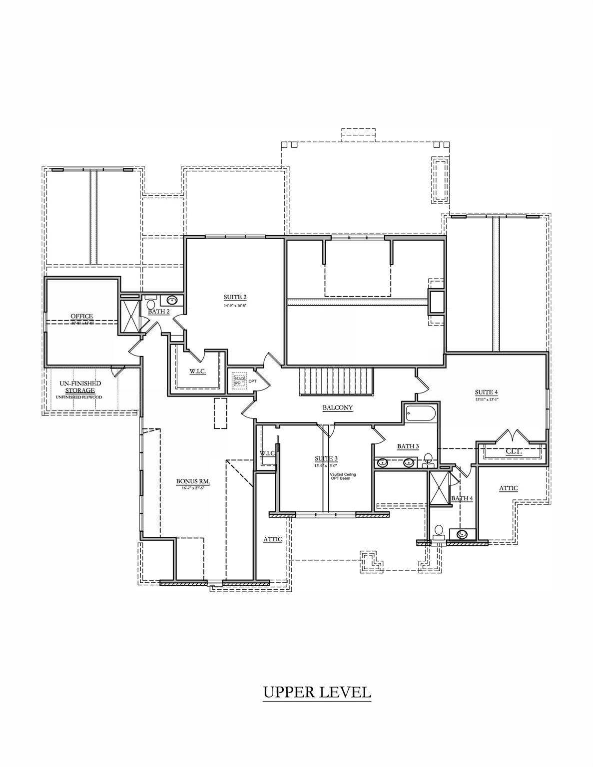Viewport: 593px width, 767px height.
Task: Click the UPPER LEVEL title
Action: coord(317,692)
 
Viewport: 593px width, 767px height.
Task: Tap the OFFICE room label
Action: coord(82,316)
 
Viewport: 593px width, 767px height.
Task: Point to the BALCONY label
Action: coord(337,407)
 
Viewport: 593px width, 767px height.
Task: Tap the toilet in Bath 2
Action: coord(151,304)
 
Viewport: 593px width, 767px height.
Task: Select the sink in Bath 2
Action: coord(172,301)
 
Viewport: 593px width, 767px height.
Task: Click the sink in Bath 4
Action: coord(462,534)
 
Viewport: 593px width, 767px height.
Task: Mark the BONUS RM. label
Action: coord(192,482)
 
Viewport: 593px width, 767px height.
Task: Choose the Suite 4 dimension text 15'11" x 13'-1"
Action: coord(488,399)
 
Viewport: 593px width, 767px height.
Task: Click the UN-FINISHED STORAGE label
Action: coord(80,386)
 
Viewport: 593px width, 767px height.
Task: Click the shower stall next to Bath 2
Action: coord(130,316)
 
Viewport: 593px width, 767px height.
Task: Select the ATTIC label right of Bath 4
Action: coord(508,488)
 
